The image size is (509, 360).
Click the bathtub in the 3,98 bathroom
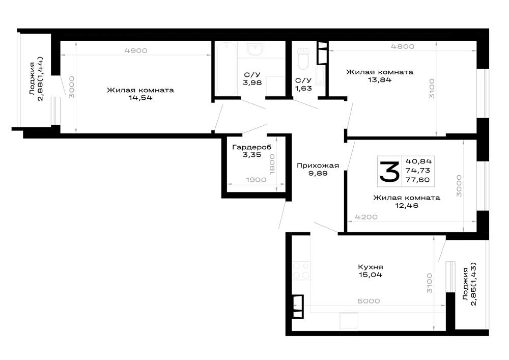(x=227, y=69)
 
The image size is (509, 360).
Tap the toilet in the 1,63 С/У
(x=303, y=59)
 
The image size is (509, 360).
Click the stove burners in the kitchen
(x=301, y=271)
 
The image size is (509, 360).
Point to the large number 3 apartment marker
(x=389, y=171)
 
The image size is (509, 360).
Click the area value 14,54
(x=140, y=98)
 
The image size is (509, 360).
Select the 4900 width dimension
(x=136, y=50)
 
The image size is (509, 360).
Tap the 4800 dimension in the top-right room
(x=403, y=46)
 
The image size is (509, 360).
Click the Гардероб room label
(x=252, y=147)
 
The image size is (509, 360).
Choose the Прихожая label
(x=318, y=165)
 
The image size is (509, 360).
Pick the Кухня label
(x=371, y=267)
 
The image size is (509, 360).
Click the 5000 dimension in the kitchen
(x=369, y=301)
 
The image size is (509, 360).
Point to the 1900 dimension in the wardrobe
(x=256, y=180)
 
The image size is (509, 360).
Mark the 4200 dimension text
(x=366, y=217)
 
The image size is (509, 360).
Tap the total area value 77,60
(x=418, y=180)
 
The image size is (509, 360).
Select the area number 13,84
(x=380, y=80)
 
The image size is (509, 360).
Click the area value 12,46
(x=406, y=206)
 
